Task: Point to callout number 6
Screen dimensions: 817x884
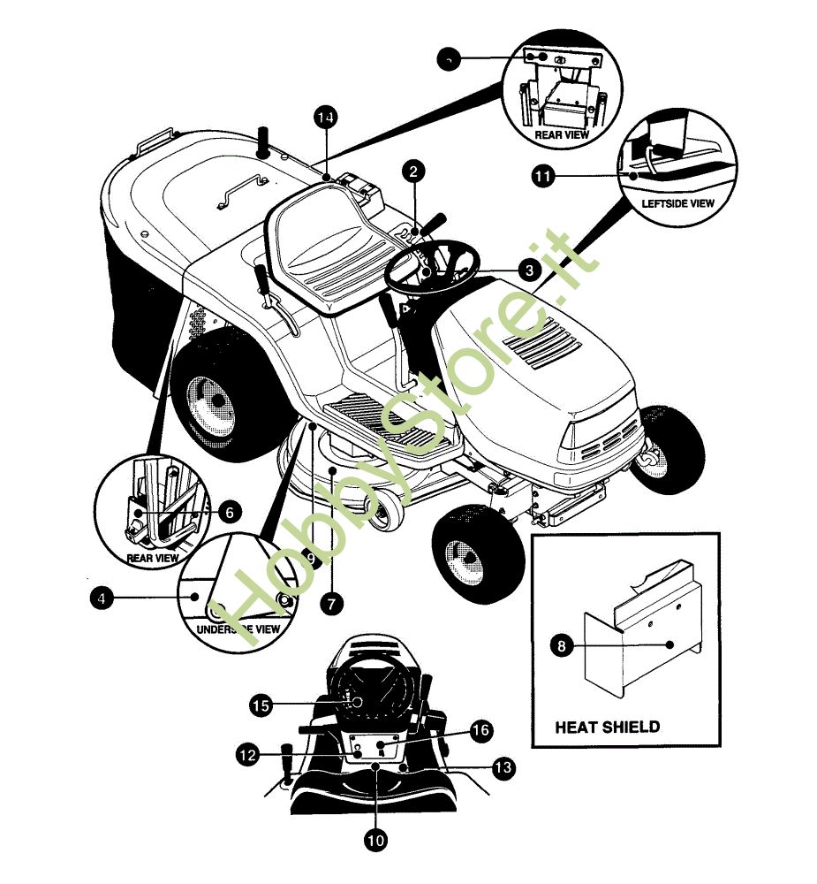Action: pos(228,511)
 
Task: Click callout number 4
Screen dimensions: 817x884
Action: pos(102,598)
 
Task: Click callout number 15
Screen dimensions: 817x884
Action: pos(260,705)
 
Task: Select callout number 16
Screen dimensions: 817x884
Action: pos(480,730)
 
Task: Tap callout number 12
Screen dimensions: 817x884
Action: pos(247,755)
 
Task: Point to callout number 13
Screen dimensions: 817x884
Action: pos(503,768)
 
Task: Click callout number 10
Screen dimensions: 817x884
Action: pos(376,840)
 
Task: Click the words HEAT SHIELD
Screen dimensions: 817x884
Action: pos(607,728)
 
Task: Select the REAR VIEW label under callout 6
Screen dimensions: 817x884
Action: pos(153,558)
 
